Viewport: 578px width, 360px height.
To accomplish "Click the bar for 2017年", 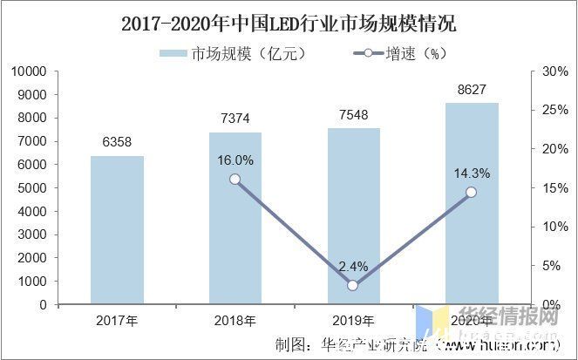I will (x=117, y=230).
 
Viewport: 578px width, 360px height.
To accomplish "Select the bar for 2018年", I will (x=235, y=218).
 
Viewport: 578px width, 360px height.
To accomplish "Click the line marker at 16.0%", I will (x=235, y=180).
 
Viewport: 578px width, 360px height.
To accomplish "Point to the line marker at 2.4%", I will (x=353, y=286).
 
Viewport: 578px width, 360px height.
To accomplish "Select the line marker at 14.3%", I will (x=472, y=193).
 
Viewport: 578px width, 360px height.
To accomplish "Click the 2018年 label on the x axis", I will (x=235, y=321).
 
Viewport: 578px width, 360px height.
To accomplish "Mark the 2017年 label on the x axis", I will (x=117, y=321).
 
